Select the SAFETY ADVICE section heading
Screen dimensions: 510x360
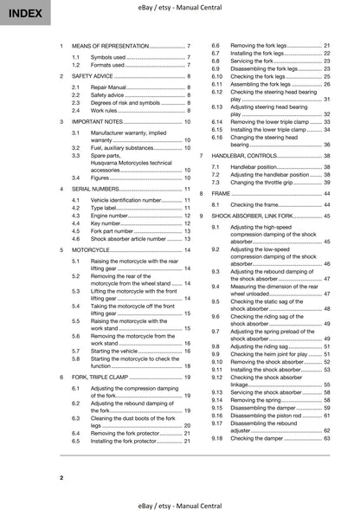[x=95, y=77]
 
